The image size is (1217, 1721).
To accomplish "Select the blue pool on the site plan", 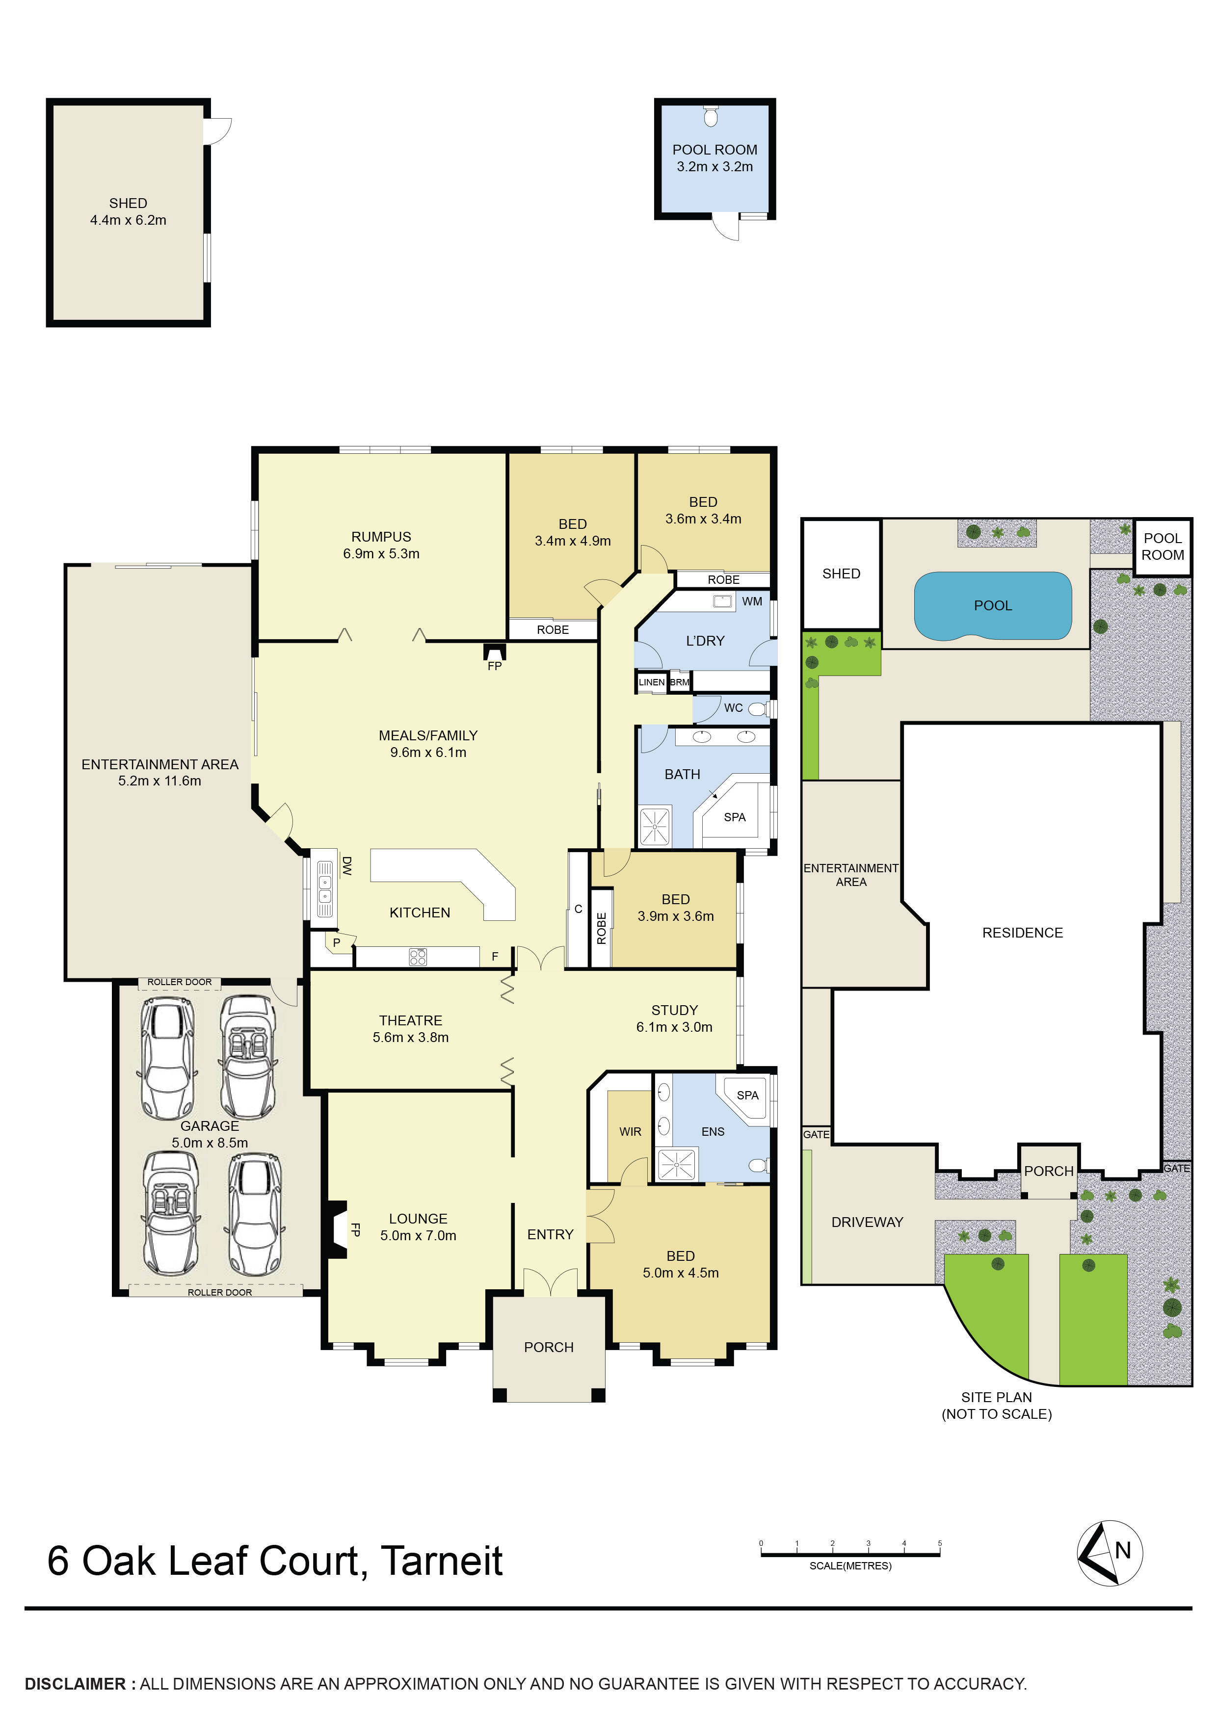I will (992, 606).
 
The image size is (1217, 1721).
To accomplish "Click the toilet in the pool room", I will (711, 116).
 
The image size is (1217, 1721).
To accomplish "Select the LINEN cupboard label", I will (651, 682).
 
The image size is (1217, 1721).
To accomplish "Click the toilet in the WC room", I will (757, 708).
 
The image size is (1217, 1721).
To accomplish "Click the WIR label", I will (630, 1132).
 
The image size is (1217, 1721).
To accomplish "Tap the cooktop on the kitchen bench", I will (418, 957).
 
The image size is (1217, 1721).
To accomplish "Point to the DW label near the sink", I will (346, 866).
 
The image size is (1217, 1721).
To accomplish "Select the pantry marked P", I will (336, 943).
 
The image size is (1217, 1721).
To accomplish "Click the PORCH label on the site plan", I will (1048, 1171).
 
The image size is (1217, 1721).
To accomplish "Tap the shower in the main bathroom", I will (655, 826).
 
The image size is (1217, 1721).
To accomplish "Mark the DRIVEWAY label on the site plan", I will (867, 1222).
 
